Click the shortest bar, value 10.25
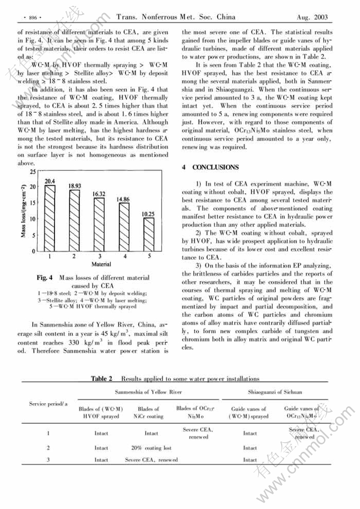pos(149,235)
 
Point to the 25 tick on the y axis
pos(33,172)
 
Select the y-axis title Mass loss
pos(24,211)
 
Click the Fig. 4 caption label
pos(44,278)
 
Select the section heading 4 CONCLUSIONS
pos(210,167)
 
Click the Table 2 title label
pos(102,379)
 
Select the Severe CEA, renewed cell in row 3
pos(151,460)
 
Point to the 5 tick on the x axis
pos(149,256)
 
